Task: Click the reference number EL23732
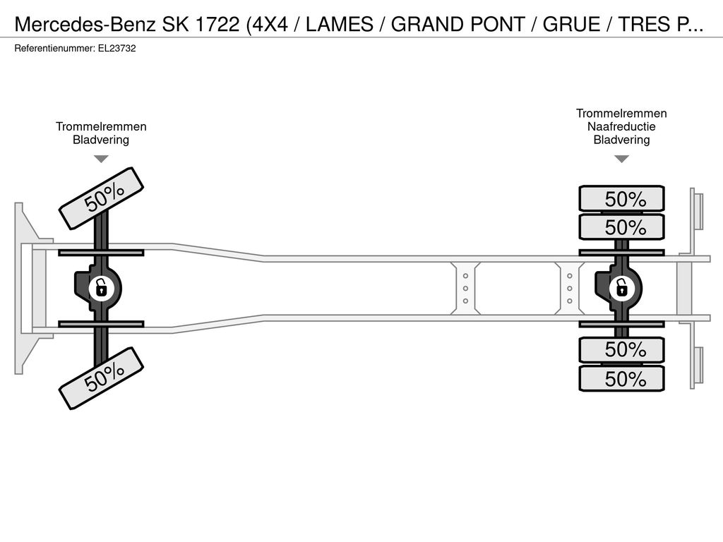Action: click(116, 49)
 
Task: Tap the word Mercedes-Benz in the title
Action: click(85, 25)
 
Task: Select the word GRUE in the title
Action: click(571, 25)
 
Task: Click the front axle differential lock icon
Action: click(101, 289)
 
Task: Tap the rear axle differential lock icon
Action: click(621, 289)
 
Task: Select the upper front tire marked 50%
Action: click(102, 198)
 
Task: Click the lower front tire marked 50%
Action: click(102, 378)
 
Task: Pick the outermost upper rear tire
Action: click(621, 198)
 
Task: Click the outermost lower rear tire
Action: click(621, 379)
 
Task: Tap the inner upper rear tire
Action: click(621, 227)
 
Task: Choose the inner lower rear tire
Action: click(621, 350)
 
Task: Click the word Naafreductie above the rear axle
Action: click(621, 127)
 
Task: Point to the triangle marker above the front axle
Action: click(101, 159)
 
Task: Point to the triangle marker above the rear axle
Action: click(621, 159)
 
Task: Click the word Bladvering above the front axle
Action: click(101, 140)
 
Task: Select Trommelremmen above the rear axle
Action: click(621, 114)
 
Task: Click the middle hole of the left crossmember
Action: click(466, 289)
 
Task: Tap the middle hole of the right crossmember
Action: click(570, 289)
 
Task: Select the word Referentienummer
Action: click(54, 49)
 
